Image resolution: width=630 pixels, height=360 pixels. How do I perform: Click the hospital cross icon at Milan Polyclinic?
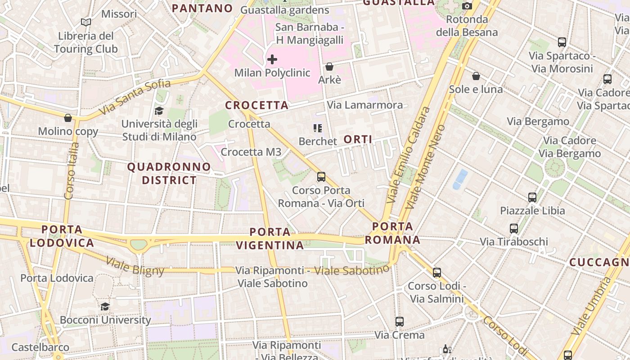(x=272, y=59)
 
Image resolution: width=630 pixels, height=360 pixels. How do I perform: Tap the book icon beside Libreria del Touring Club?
(x=85, y=22)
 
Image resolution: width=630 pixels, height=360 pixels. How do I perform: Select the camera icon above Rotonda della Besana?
(x=467, y=6)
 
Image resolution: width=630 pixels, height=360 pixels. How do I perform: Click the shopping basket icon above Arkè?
(x=329, y=67)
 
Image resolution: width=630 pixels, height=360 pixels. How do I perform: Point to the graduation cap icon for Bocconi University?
(x=105, y=306)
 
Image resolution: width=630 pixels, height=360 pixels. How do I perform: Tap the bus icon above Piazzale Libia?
(x=532, y=197)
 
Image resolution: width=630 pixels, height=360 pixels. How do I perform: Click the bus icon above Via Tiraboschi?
(x=514, y=229)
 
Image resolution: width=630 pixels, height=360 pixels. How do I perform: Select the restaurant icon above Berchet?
(x=318, y=128)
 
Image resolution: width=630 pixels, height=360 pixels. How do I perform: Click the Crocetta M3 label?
(x=251, y=152)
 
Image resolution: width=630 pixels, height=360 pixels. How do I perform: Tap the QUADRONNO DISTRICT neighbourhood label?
(x=169, y=173)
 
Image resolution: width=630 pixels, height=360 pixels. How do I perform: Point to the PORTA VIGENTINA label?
(x=270, y=238)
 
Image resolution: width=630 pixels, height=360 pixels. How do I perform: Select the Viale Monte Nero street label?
(x=425, y=166)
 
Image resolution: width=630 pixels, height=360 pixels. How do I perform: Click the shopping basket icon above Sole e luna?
(x=476, y=76)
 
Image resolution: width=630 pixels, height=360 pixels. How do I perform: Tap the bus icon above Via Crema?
(x=399, y=321)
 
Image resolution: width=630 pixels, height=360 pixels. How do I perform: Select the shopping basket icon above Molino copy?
(x=68, y=118)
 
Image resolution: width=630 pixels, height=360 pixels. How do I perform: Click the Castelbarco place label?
(x=40, y=347)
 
